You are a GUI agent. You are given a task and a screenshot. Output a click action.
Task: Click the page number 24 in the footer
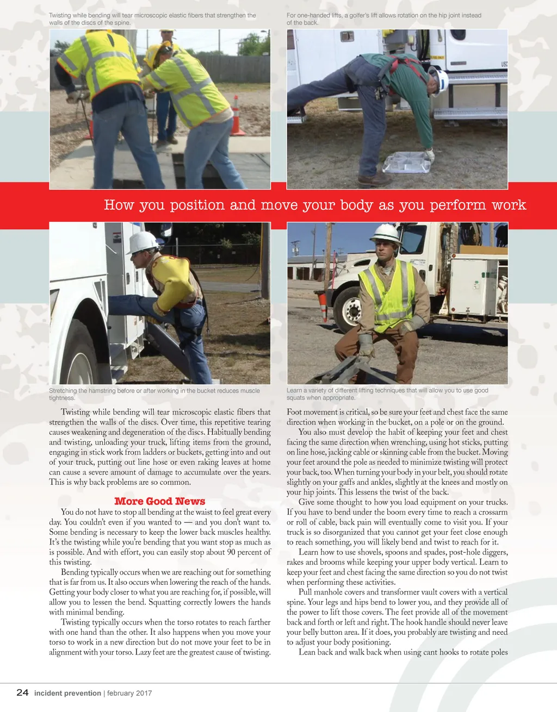tap(22, 692)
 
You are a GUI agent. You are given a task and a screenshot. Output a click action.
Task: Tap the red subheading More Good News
tap(159, 501)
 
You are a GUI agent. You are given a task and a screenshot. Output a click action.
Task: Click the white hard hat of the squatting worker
tap(385, 233)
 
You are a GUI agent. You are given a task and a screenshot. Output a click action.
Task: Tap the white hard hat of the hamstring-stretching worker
tap(142, 242)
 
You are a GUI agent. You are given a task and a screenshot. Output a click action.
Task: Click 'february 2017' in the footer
tap(129, 693)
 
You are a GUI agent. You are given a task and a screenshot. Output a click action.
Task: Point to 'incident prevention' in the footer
tap(67, 693)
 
